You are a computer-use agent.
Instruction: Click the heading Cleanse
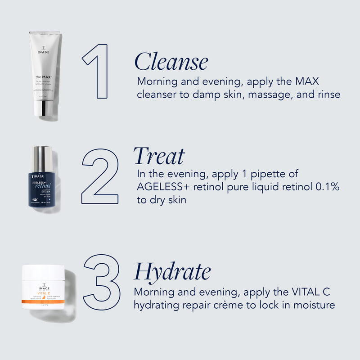pos(171,62)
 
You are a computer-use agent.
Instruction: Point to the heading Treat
pos(159,156)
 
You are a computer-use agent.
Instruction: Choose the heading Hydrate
pos(172,271)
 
